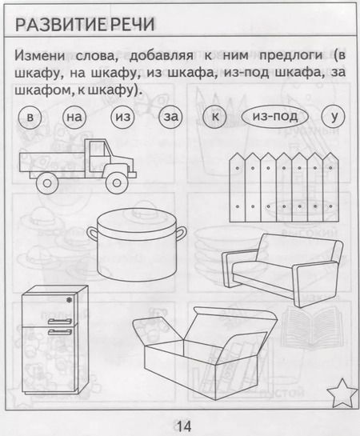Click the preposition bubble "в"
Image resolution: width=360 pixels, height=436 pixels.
click(x=30, y=118)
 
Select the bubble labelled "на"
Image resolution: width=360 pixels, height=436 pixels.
click(x=74, y=118)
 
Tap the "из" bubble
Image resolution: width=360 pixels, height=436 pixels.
click(x=122, y=118)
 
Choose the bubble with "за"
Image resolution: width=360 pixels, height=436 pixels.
click(x=171, y=118)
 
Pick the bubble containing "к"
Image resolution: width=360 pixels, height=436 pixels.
click(x=215, y=118)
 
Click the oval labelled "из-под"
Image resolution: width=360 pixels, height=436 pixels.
click(x=274, y=118)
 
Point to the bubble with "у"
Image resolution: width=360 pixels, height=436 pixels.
click(x=332, y=118)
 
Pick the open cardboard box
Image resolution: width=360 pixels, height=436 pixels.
click(x=194, y=349)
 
